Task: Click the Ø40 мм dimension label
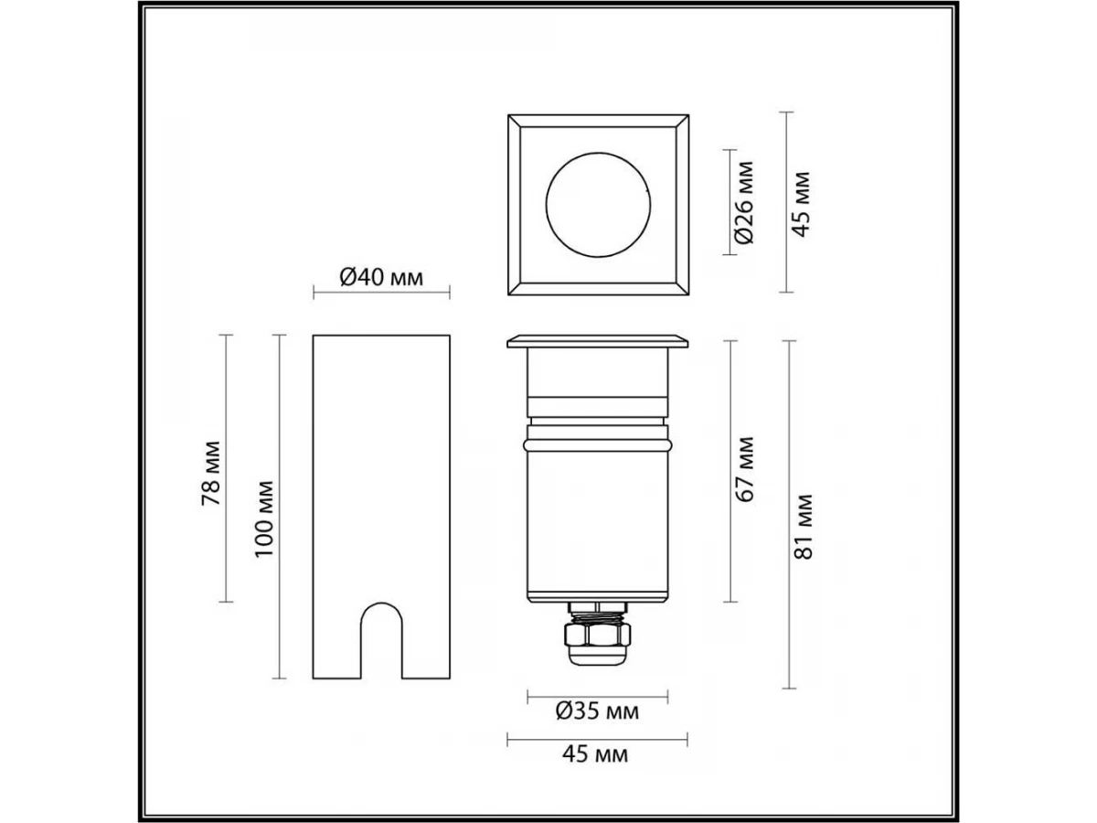381,277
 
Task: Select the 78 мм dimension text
210,473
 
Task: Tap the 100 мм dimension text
264,519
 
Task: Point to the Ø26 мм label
744,202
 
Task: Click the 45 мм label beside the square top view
801,204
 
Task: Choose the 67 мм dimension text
745,469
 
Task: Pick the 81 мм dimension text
804,527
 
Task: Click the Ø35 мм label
597,711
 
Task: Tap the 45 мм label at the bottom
595,754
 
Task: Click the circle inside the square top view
598,153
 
